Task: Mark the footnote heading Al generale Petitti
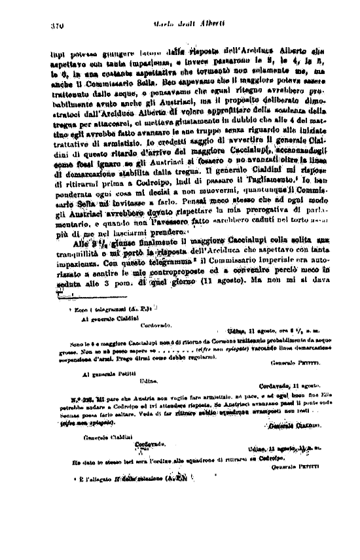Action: click(107, 375)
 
